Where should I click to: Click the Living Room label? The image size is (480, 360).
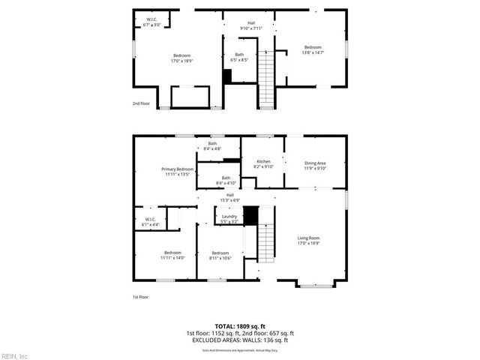coord(308,240)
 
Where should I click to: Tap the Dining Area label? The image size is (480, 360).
coord(315,165)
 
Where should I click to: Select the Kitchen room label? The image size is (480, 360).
coord(263,164)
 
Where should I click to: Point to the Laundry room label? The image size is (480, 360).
coord(229,219)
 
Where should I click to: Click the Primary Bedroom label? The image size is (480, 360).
coord(178,172)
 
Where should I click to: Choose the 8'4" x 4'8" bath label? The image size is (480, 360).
coord(212,146)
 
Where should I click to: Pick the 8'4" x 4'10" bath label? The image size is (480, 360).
coord(226,180)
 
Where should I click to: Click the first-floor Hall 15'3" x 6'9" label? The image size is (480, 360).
coord(229,198)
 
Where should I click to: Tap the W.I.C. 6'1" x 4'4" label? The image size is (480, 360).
coord(150,222)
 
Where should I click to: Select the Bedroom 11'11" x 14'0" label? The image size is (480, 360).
coord(172,255)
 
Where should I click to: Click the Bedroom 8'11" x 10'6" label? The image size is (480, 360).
coord(220,255)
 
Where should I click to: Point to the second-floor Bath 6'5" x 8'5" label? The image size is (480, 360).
coord(239,57)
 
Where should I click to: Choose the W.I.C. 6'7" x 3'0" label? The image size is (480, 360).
coord(152,22)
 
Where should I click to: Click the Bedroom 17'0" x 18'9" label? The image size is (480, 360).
coord(182,58)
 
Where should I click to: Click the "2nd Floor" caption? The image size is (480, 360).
coord(140,103)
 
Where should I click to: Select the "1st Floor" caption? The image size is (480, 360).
coord(140,297)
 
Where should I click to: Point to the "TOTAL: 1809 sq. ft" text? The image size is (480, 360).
coord(239,327)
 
